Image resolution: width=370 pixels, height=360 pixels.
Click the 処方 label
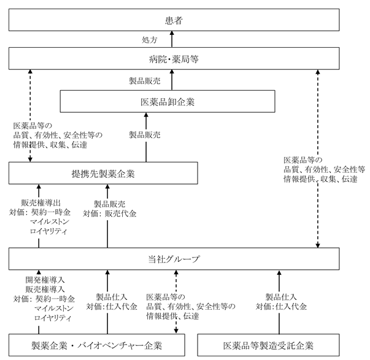click(x=149, y=40)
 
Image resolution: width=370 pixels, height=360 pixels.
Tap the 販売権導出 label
click(x=41, y=202)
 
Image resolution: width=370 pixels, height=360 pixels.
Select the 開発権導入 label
click(x=45, y=280)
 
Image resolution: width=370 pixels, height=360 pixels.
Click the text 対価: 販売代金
click(x=109, y=213)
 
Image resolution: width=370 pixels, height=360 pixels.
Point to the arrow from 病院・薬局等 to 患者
click(x=172, y=39)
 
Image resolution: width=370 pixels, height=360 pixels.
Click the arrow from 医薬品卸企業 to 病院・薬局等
click(x=172, y=80)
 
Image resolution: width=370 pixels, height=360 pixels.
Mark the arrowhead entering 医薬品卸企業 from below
click(x=146, y=115)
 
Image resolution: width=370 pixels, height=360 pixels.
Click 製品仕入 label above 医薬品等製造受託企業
click(x=281, y=297)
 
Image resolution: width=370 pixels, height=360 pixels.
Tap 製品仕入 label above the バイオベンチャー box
click(x=112, y=297)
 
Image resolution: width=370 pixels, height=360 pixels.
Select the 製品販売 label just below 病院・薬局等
click(x=145, y=81)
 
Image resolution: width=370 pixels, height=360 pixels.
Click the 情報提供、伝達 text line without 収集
click(x=172, y=316)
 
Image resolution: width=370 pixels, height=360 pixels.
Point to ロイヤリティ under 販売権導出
click(x=48, y=231)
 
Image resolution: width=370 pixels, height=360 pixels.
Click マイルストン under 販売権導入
click(x=54, y=308)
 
